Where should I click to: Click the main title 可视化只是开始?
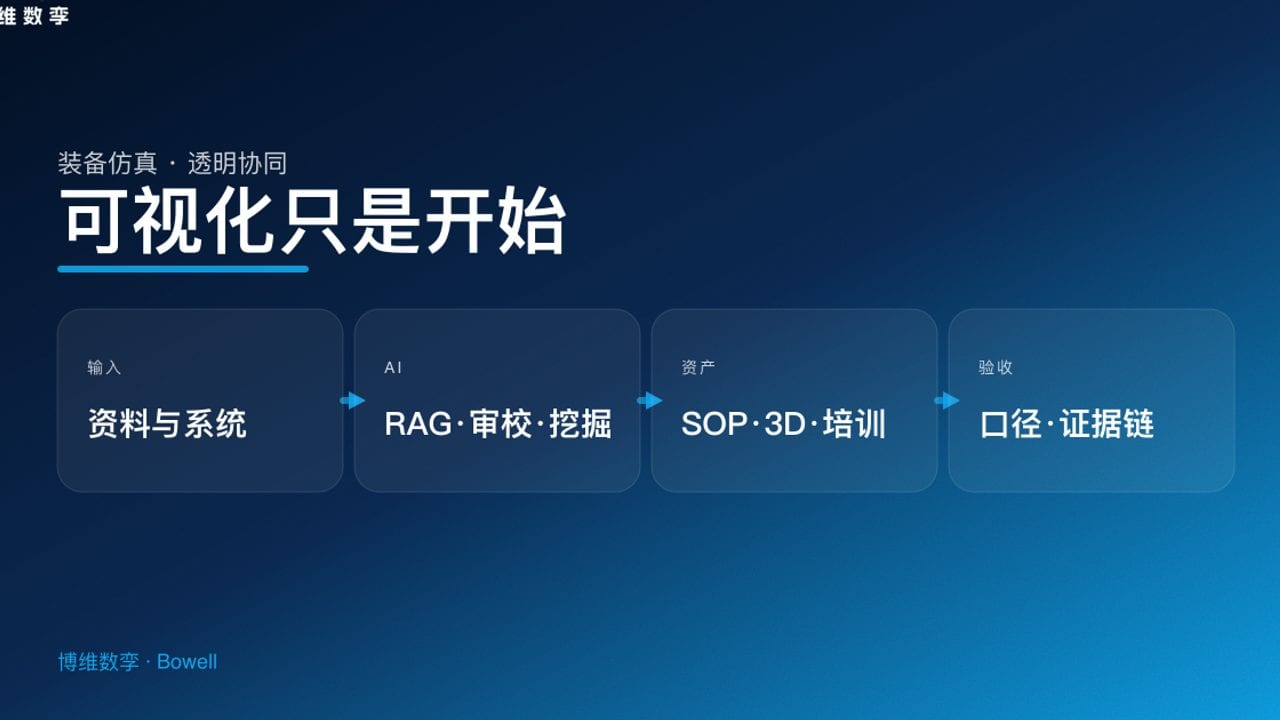(313, 221)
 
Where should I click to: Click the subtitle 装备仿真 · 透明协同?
(173, 163)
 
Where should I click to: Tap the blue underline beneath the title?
(183, 268)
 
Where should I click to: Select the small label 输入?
(104, 368)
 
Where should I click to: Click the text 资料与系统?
(167, 424)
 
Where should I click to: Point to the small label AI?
(393, 368)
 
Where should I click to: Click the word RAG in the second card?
(418, 424)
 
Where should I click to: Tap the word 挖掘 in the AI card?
(580, 424)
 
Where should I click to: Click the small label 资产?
(698, 368)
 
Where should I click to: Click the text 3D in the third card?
(785, 424)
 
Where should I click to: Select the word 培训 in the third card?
(855, 424)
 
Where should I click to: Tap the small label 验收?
(995, 368)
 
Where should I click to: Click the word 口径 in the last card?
(1010, 424)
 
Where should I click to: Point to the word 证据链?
(1107, 424)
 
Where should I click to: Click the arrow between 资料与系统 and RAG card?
(352, 400)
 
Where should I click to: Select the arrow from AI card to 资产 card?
(649, 400)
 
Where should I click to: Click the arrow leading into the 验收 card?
(946, 400)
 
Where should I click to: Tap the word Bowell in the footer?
(187, 662)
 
